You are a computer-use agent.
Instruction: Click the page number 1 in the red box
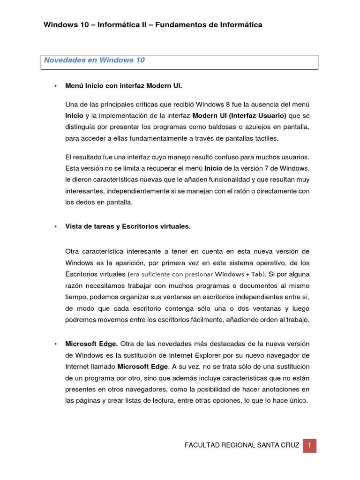(x=309, y=445)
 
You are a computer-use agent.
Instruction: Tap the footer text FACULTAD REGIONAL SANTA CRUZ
(x=242, y=445)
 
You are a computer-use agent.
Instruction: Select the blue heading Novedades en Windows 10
(x=94, y=60)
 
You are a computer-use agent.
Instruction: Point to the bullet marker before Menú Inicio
(x=55, y=86)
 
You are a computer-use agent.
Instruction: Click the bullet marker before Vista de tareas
(x=55, y=226)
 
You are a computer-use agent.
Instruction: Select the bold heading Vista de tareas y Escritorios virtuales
(x=128, y=226)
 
